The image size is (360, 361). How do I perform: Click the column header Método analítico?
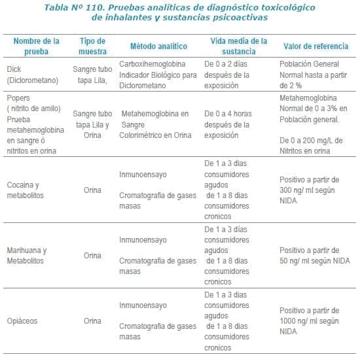[158, 46]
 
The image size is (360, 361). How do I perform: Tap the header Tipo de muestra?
[92, 46]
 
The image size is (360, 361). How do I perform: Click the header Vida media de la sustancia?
[239, 46]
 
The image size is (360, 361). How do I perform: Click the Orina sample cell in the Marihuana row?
[92, 255]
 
